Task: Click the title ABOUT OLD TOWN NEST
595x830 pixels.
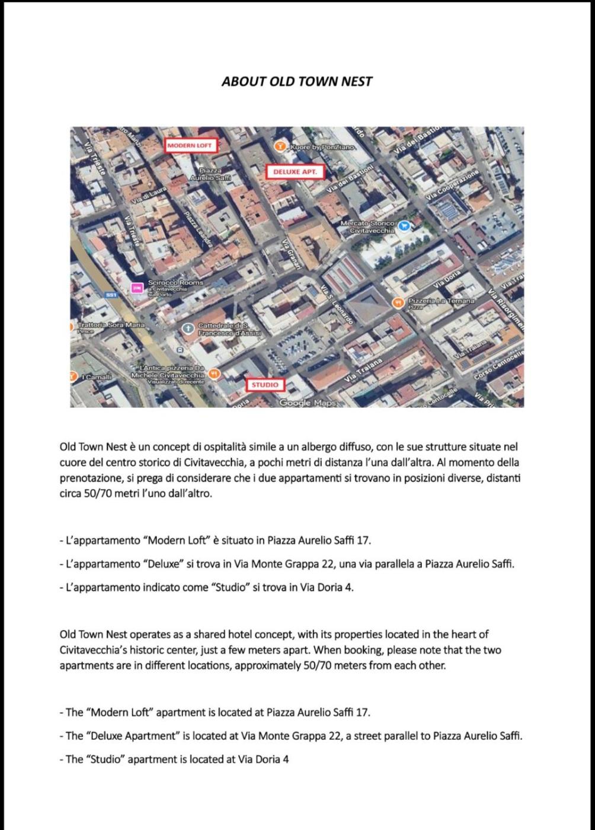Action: (297, 81)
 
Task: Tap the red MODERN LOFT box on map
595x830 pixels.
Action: (189, 145)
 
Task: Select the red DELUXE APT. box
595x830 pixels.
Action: (295, 171)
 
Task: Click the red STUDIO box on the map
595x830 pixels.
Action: (264, 385)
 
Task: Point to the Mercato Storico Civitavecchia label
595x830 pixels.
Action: (367, 226)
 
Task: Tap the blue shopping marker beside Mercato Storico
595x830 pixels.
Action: (404, 225)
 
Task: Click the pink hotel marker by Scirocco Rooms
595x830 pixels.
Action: (137, 288)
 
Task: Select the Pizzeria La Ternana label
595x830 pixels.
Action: (441, 301)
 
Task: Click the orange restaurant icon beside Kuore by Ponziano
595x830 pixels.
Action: (279, 145)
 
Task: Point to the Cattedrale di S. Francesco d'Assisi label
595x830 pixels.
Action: (229, 330)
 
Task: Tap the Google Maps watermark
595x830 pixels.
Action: (307, 403)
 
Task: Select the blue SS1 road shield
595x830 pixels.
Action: (111, 295)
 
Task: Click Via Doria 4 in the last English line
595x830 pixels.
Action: (263, 759)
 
